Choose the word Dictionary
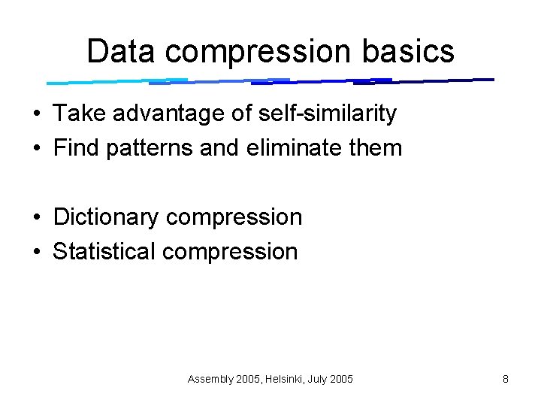(x=106, y=218)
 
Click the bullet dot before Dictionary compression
(x=36, y=218)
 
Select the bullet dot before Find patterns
(x=36, y=148)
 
